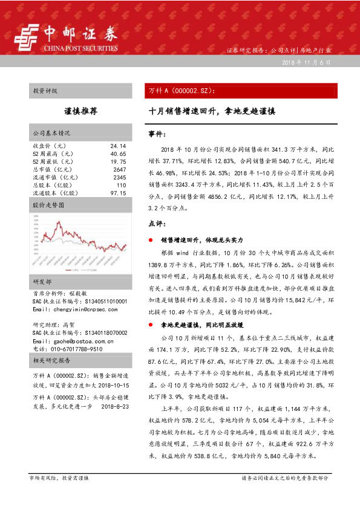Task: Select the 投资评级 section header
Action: (45, 91)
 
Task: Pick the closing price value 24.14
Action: (118, 146)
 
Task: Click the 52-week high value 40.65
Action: (118, 154)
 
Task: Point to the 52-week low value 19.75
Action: (118, 162)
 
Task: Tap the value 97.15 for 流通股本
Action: (118, 193)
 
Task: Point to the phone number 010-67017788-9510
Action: (67, 349)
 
